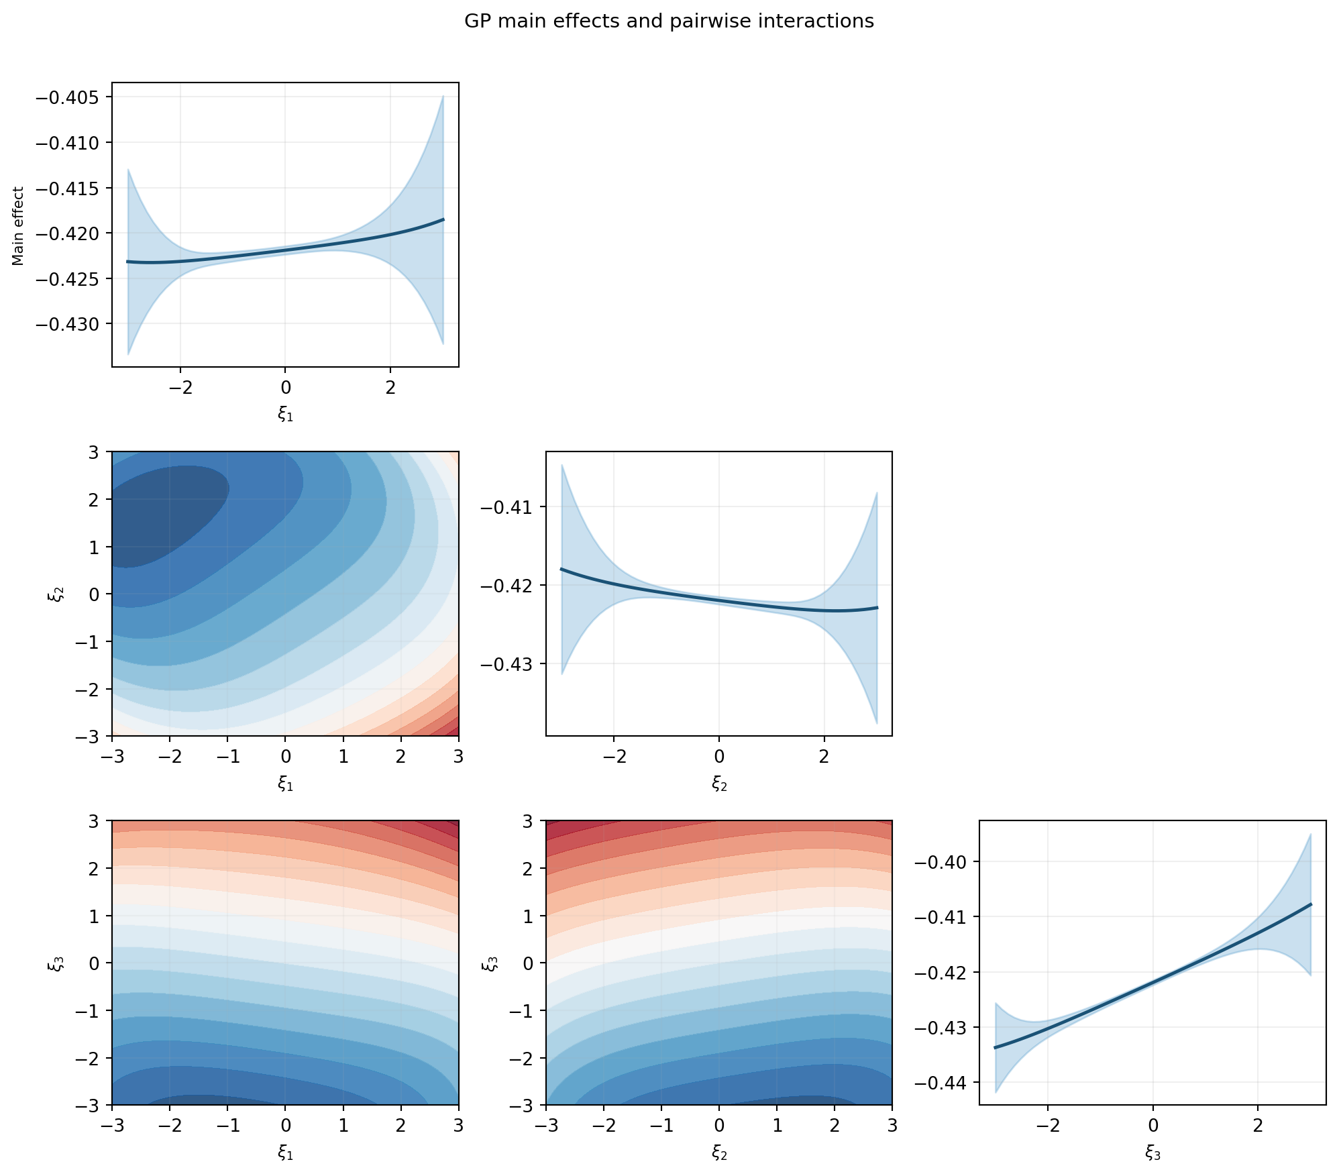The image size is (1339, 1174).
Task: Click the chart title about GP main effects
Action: (x=669, y=21)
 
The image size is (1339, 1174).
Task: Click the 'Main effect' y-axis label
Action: (x=19, y=226)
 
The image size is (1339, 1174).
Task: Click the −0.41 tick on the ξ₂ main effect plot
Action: (x=503, y=506)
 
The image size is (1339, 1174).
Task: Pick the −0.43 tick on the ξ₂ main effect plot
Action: (x=503, y=664)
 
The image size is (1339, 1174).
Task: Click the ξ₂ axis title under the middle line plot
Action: (x=719, y=783)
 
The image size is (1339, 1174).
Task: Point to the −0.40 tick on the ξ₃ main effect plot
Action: (x=937, y=861)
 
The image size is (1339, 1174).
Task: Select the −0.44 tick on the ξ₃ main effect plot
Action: (x=937, y=1082)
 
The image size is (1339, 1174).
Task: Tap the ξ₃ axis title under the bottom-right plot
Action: (x=1153, y=1152)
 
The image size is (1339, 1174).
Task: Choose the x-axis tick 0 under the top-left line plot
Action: (x=285, y=387)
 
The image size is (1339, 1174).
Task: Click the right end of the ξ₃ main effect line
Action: (x=1310, y=904)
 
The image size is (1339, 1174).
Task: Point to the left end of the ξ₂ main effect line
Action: (x=561, y=569)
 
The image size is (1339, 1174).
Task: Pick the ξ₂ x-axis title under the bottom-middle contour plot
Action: (x=719, y=1152)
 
